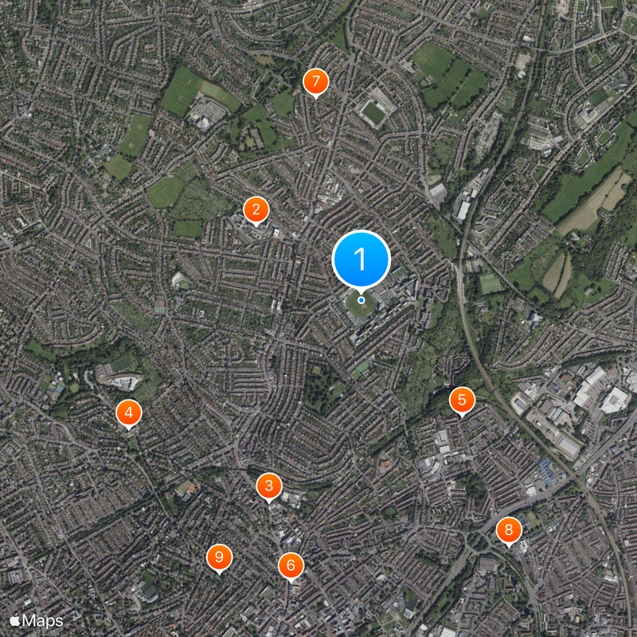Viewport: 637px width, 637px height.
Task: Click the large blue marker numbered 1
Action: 361,259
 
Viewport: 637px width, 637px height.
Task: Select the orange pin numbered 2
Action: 256,210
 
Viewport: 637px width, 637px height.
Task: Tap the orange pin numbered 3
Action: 269,486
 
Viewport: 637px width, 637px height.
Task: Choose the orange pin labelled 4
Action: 129,412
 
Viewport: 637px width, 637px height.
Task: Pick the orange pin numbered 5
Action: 461,400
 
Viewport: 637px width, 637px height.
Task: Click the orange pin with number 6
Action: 291,565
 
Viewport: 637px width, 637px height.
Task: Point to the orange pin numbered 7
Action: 315,81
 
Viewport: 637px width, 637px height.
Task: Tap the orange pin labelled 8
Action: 509,530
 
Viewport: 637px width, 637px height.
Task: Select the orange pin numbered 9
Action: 218,557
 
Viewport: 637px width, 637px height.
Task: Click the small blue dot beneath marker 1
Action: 361,300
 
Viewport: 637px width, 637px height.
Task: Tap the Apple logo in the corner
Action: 14,619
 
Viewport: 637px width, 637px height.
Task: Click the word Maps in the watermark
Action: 43,619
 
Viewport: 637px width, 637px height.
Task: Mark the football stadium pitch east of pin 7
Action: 373,112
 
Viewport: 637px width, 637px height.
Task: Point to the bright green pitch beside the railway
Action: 490,283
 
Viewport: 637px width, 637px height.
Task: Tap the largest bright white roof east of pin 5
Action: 614,400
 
